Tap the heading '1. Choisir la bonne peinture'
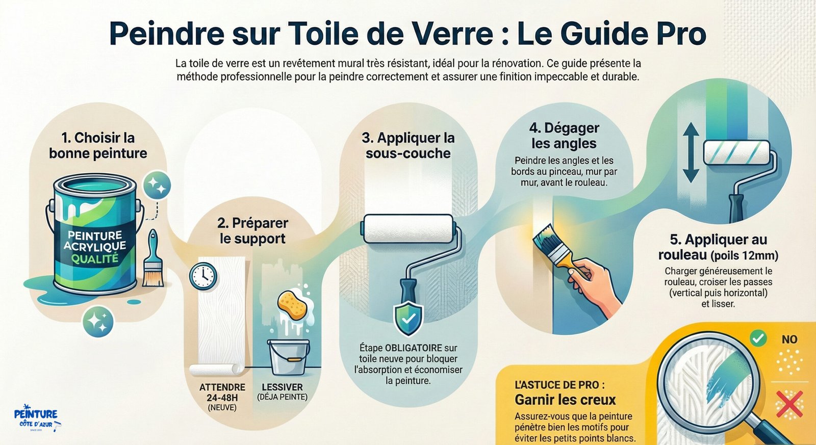coord(98,145)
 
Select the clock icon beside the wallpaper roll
coord(203,276)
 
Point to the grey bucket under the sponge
coord(289,357)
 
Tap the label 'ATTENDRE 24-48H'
coord(222,392)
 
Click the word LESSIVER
coord(283,387)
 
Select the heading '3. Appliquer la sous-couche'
coord(408,146)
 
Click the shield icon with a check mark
coord(409,318)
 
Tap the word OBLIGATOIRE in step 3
coord(414,348)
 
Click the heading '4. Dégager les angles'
coord(564,136)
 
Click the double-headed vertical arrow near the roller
coord(691,152)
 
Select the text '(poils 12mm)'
coord(744,256)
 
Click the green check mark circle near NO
coord(758,338)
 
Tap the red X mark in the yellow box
coord(789,404)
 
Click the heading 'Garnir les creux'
coord(565,400)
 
